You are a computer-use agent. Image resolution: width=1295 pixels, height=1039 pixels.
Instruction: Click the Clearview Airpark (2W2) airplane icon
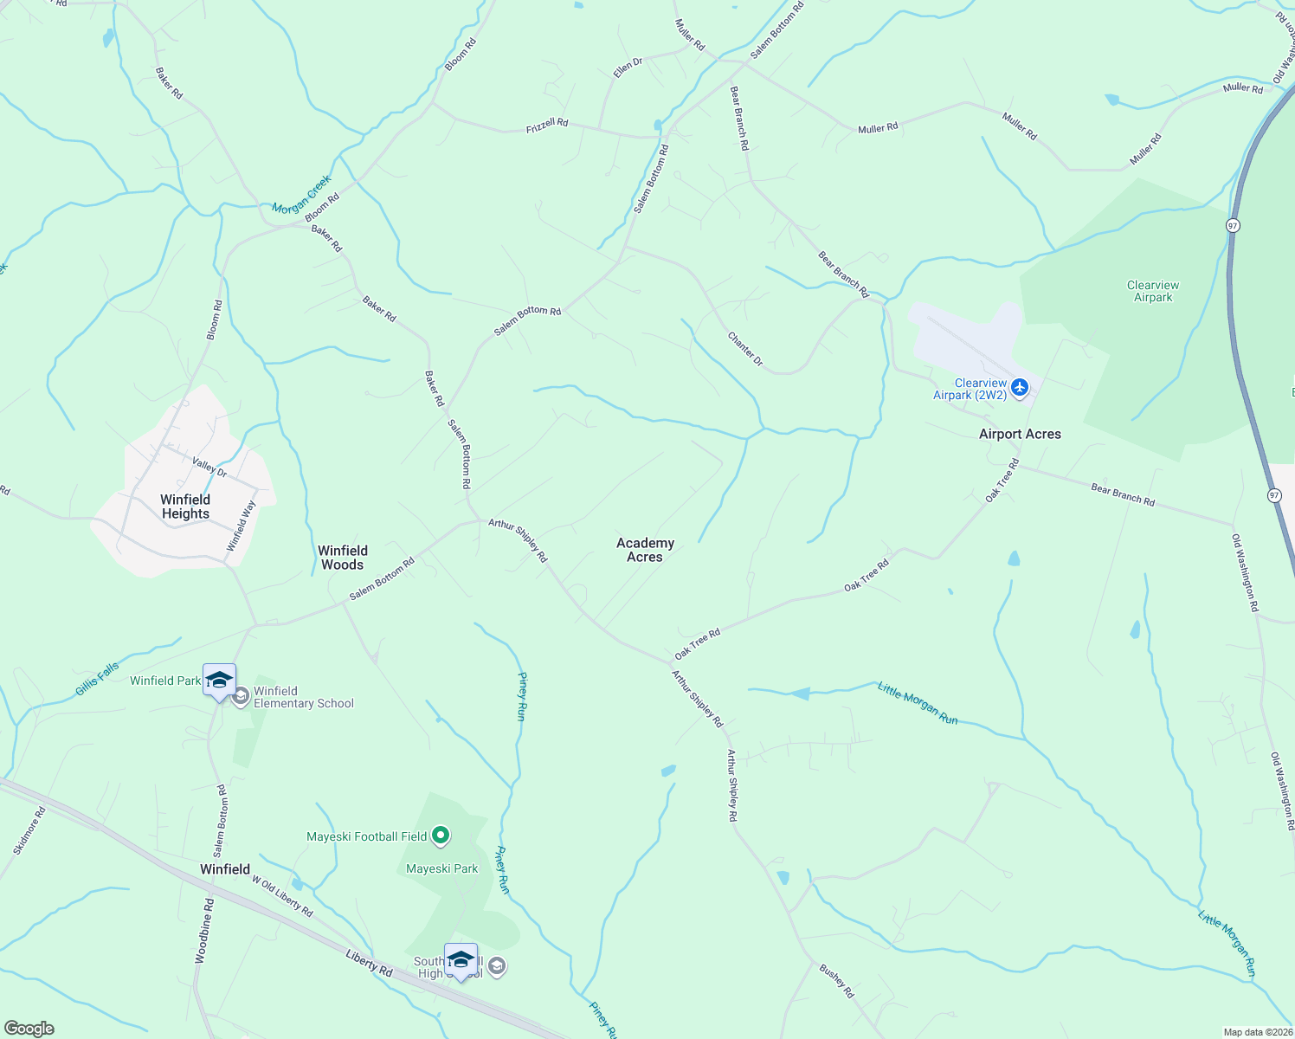[1019, 387]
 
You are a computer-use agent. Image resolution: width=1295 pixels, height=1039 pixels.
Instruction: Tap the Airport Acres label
[1020, 434]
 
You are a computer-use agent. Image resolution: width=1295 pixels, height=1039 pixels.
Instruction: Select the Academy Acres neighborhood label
[645, 550]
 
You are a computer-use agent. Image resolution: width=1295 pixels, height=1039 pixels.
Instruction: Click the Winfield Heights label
[185, 507]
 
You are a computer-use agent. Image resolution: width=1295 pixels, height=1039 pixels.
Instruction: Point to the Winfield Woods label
[343, 558]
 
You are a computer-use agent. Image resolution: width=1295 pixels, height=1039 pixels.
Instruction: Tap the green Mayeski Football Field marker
[441, 836]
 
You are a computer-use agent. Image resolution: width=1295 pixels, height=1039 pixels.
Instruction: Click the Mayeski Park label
[441, 868]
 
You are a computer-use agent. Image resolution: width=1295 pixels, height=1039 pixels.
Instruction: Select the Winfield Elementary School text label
[303, 697]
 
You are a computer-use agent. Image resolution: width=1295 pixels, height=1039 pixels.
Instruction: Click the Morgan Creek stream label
[301, 195]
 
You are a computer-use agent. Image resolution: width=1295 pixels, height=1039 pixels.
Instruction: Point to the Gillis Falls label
[97, 679]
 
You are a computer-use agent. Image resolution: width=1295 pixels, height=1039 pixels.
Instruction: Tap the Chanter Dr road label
[745, 349]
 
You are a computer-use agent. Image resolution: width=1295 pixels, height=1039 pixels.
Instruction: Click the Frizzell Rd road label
[547, 125]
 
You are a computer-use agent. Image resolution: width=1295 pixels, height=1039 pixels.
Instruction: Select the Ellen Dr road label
[628, 68]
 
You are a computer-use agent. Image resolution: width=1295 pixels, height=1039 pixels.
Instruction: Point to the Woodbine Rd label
[204, 931]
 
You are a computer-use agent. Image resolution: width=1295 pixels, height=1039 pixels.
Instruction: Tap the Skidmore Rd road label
[29, 831]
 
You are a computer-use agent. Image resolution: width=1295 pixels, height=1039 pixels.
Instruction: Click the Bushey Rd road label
[836, 981]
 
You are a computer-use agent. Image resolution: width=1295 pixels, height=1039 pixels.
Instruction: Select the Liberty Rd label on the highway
[369, 964]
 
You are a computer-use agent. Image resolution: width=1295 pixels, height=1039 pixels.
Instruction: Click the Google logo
[29, 1029]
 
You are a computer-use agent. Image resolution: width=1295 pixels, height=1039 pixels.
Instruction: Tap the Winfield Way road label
[242, 525]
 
